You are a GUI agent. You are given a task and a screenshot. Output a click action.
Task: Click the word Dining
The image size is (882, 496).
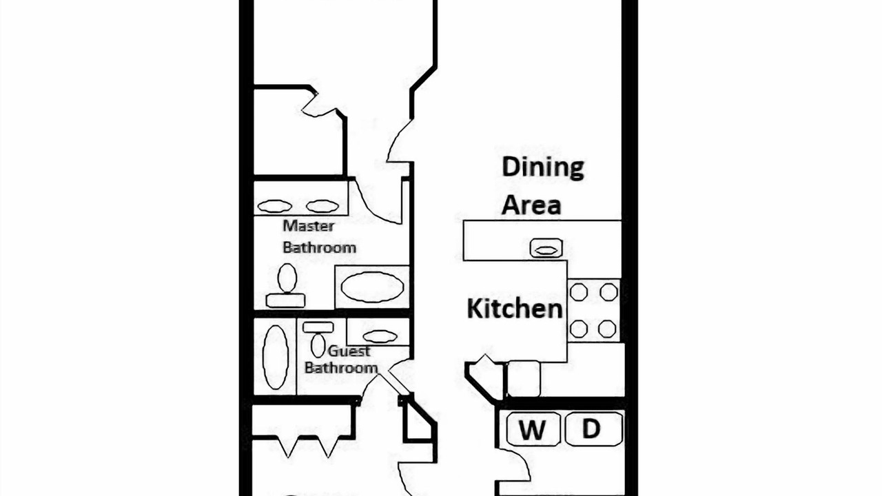pyautogui.click(x=543, y=167)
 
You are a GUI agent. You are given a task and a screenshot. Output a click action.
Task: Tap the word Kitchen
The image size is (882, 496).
pyautogui.click(x=515, y=309)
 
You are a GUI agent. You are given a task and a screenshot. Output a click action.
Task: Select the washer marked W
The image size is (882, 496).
pyautogui.click(x=533, y=428)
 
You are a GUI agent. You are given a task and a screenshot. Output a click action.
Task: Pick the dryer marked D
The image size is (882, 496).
pyautogui.click(x=594, y=428)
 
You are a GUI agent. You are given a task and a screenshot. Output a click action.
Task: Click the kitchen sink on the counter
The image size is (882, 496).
pyautogui.click(x=546, y=249)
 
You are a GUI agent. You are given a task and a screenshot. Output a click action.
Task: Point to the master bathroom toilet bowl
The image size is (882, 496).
pyautogui.click(x=287, y=278)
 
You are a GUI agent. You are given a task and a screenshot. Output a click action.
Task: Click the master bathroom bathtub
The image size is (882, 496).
pyautogui.click(x=372, y=287)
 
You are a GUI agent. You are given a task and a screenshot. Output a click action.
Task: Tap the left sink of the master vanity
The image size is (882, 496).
pyautogui.click(x=275, y=206)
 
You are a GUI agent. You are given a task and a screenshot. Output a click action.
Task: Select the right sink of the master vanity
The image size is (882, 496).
pyautogui.click(x=322, y=206)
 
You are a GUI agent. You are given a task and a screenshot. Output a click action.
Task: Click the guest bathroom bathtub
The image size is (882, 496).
pyautogui.click(x=276, y=358)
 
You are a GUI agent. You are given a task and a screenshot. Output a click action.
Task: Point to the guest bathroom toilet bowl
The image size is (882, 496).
pyautogui.click(x=318, y=345)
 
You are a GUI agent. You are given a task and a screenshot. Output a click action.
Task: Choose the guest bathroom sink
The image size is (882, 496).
pyautogui.click(x=380, y=337)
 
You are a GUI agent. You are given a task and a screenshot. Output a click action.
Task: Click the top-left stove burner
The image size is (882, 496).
pyautogui.click(x=579, y=293)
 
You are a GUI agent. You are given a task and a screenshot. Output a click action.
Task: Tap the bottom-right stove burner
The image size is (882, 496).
pyautogui.click(x=607, y=329)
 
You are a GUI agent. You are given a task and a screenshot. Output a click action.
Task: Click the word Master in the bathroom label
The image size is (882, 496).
pyautogui.click(x=309, y=226)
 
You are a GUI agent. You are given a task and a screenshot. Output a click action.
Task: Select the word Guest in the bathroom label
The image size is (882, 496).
pyautogui.click(x=349, y=351)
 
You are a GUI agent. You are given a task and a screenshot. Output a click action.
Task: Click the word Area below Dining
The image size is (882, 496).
pyautogui.click(x=531, y=205)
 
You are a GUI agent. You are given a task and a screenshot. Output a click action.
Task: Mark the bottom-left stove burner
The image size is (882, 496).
pyautogui.click(x=579, y=329)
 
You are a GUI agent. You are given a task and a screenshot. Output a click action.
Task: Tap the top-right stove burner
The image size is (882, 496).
pyautogui.click(x=608, y=293)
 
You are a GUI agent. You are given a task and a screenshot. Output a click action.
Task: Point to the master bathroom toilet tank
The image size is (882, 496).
pyautogui.click(x=286, y=301)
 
